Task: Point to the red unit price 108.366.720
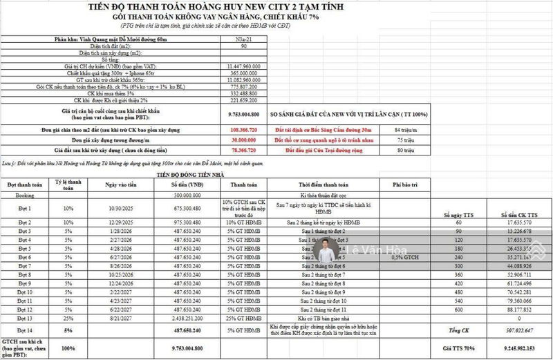(242, 129)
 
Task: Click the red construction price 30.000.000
(242, 139)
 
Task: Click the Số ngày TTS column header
(456, 215)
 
